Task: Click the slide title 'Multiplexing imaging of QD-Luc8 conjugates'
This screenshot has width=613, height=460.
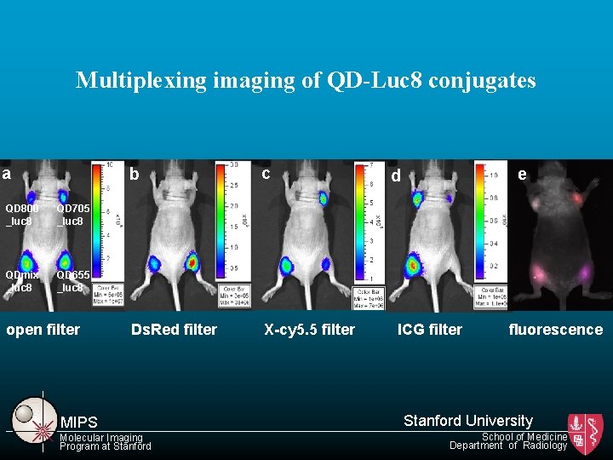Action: pyautogui.click(x=306, y=80)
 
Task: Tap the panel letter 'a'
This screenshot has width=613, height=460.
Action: pyautogui.click(x=7, y=174)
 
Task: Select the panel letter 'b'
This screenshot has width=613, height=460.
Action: pyautogui.click(x=134, y=175)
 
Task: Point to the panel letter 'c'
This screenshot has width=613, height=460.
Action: pyautogui.click(x=266, y=174)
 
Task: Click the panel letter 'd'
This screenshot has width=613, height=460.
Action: pyautogui.click(x=395, y=176)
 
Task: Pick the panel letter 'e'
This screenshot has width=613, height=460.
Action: pyautogui.click(x=522, y=174)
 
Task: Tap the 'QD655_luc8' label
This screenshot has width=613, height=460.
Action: pyautogui.click(x=70, y=281)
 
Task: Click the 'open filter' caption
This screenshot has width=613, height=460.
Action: pyautogui.click(x=43, y=330)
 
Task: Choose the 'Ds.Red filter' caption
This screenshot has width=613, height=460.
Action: pyautogui.click(x=174, y=330)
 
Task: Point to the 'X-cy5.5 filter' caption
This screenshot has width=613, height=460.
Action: pyautogui.click(x=309, y=330)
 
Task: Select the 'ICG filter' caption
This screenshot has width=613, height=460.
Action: pyautogui.click(x=430, y=330)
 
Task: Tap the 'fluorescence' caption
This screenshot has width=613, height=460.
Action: pyautogui.click(x=555, y=330)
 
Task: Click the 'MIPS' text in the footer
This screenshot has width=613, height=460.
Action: pyautogui.click(x=79, y=423)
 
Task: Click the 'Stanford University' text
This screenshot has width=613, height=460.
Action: pyautogui.click(x=467, y=420)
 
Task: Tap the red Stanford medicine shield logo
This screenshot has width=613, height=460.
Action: pyautogui.click(x=586, y=434)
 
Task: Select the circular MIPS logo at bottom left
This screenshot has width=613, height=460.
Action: pyautogui.click(x=32, y=416)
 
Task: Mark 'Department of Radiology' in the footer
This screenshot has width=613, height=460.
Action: pyautogui.click(x=507, y=446)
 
